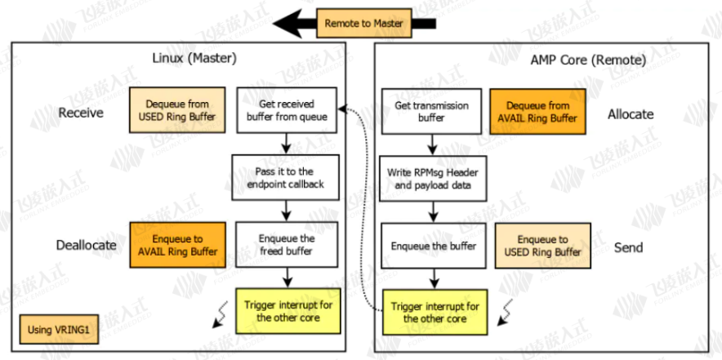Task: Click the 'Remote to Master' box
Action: point(363,23)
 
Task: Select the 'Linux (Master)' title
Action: point(194,59)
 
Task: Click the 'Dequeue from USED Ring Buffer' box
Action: point(177,110)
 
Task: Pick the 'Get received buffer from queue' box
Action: point(287,110)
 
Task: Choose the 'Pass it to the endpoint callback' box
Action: point(286,177)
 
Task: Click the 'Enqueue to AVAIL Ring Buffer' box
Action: point(178,246)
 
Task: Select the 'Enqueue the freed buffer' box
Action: point(287,245)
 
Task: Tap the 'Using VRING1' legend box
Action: point(59,329)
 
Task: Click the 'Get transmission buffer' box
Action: point(431,111)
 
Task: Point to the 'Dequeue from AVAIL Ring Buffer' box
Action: point(537,111)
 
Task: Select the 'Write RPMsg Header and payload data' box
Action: point(433,178)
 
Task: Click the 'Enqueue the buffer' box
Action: point(434,247)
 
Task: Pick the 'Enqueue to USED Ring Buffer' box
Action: point(543,247)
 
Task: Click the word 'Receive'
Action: point(81,113)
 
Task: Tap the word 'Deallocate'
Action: point(86,245)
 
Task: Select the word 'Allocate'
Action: point(631,114)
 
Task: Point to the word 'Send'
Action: point(629,247)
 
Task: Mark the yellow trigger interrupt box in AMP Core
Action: point(435,312)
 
